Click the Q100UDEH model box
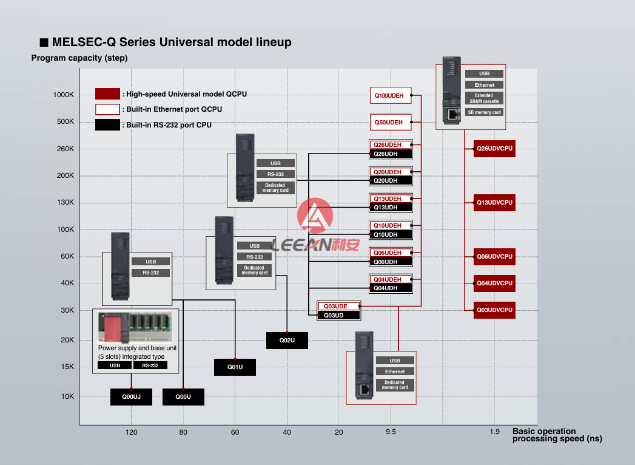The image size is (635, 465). (391, 95)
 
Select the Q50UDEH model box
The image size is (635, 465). (391, 122)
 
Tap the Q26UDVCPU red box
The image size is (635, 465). (494, 149)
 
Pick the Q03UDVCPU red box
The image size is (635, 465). (494, 310)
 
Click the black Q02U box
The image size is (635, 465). (287, 341)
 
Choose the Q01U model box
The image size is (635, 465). (235, 367)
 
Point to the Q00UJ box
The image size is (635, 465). (131, 397)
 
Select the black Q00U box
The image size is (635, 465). (183, 397)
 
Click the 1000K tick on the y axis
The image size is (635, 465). (64, 95)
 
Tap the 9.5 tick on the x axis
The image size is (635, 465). (391, 432)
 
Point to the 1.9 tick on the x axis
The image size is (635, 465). (494, 432)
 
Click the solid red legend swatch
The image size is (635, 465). (107, 94)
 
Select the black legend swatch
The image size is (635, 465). (107, 125)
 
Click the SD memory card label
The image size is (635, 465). (484, 112)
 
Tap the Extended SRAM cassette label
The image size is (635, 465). (484, 98)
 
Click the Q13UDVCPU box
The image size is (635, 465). (494, 203)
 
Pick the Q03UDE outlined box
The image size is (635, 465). (339, 307)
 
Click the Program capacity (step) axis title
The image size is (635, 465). (79, 58)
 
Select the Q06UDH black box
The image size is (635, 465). (391, 262)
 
